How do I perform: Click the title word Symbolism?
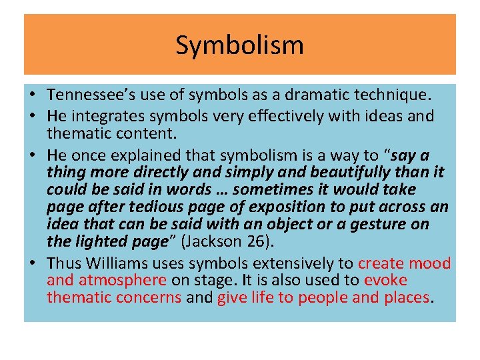[x=240, y=45]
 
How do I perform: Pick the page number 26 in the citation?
[x=256, y=241]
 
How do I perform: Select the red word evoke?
[x=385, y=280]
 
